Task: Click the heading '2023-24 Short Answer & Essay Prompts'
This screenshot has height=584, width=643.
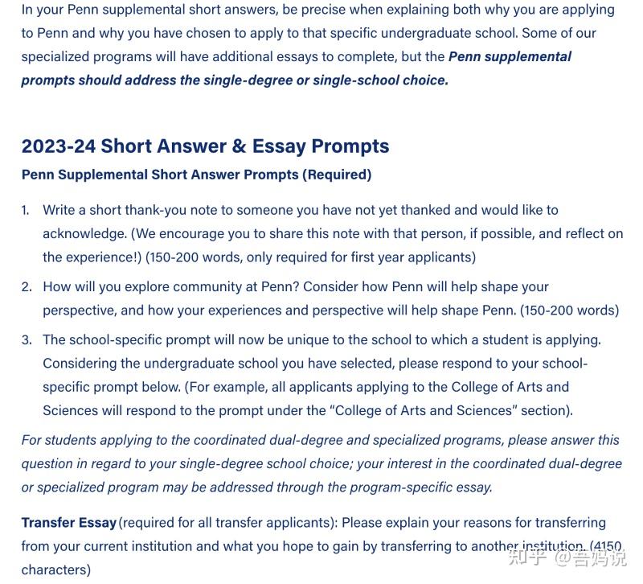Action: click(205, 146)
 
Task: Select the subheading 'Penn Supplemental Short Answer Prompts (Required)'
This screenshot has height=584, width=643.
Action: click(196, 175)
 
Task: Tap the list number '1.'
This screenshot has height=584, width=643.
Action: click(26, 210)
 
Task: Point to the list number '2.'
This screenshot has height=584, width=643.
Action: click(27, 286)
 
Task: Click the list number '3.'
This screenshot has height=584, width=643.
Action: click(27, 339)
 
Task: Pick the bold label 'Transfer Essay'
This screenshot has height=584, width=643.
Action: click(68, 523)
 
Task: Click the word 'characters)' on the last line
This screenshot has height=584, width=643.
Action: click(55, 570)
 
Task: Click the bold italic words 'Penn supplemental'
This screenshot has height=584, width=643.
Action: click(510, 56)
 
